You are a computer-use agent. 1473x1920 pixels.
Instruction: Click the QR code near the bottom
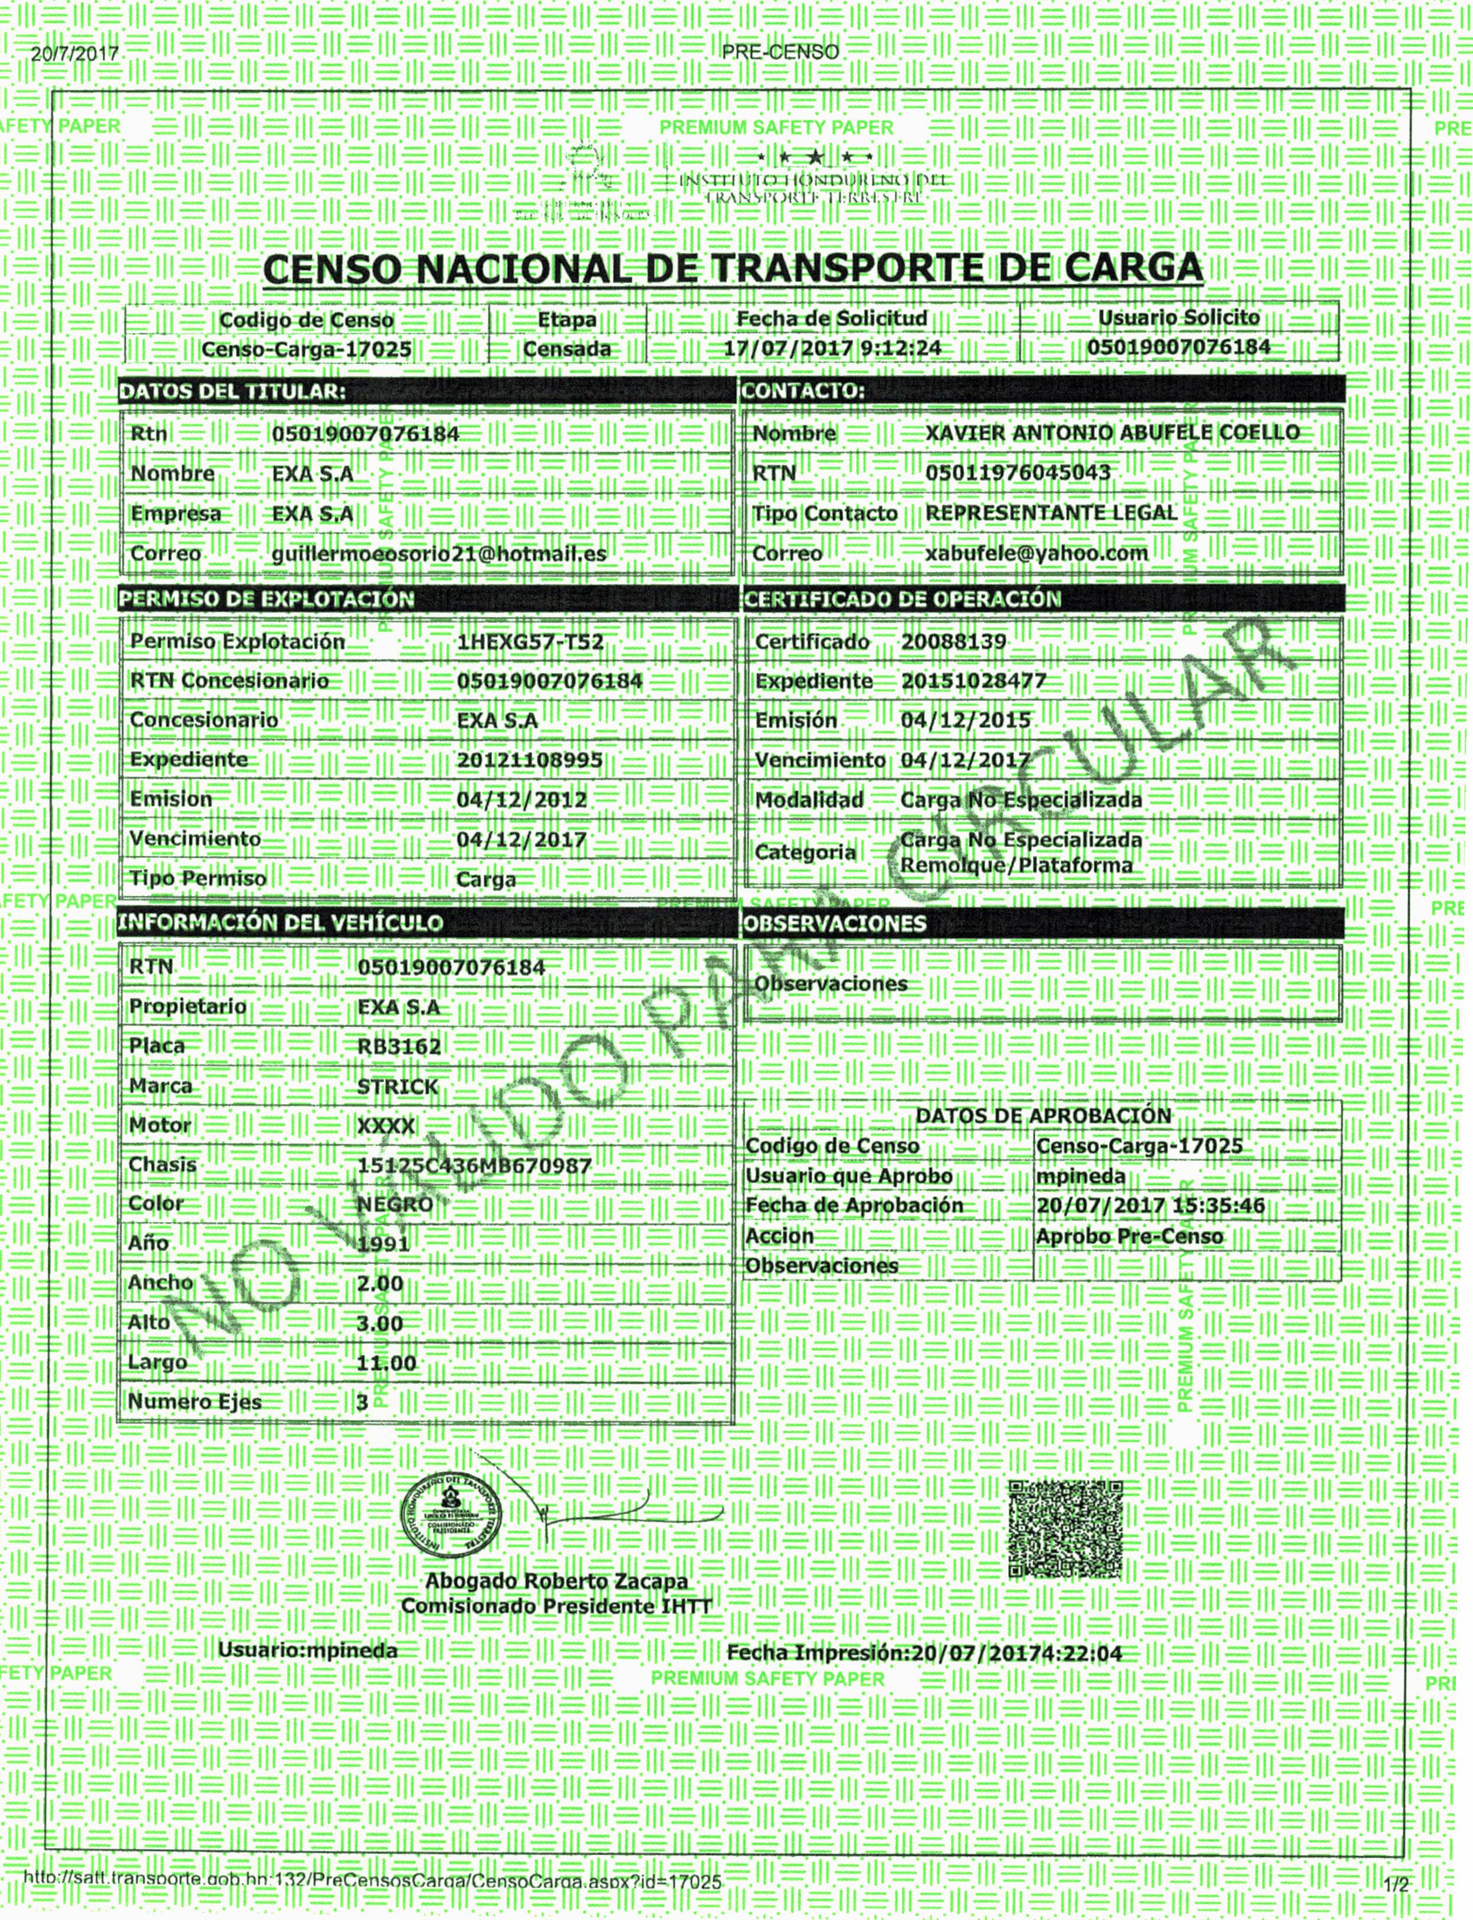point(1065,1530)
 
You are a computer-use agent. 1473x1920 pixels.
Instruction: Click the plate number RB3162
point(399,1046)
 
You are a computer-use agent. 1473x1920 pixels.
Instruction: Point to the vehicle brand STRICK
point(397,1087)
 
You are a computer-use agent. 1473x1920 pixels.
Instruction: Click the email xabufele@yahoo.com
point(1036,553)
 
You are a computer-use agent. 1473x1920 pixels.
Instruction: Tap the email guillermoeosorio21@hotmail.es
point(438,554)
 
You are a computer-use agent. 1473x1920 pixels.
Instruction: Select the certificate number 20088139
point(953,642)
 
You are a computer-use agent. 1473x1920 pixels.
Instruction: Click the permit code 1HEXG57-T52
point(530,642)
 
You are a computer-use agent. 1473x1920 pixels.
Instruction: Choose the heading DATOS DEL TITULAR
point(232,392)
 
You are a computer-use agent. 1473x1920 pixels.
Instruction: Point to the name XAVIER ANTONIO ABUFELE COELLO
point(1112,433)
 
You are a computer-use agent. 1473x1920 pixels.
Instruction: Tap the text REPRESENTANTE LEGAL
point(1051,513)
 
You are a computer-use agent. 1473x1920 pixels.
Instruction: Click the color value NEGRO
point(395,1204)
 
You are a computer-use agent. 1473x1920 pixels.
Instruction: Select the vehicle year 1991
point(383,1244)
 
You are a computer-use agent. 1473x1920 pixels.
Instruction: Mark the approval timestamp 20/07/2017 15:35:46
point(1150,1206)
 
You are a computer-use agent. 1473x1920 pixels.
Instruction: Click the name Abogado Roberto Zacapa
point(556,1581)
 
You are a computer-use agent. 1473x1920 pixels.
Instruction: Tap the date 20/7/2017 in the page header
point(74,54)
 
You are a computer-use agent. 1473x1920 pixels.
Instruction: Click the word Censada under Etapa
point(566,349)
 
